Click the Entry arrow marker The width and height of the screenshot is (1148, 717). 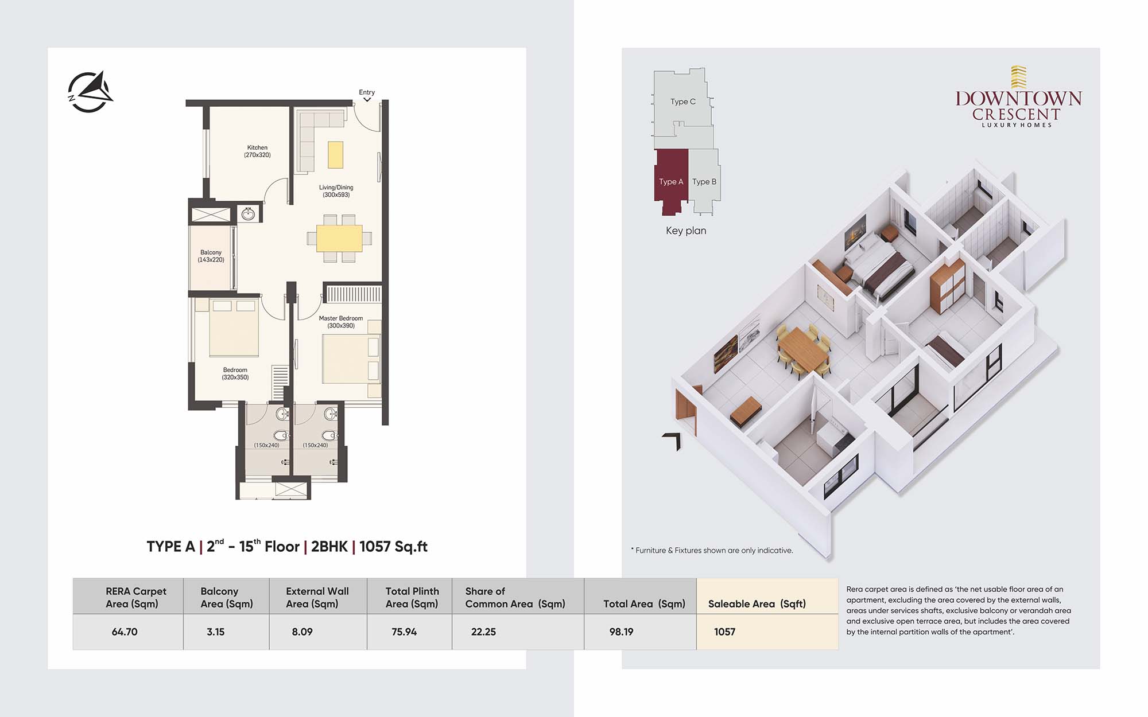367,100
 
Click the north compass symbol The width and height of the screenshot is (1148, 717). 90,92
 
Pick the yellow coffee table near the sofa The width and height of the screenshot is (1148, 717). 335,154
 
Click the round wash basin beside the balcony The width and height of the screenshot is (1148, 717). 248,214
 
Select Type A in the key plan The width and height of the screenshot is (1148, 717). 671,182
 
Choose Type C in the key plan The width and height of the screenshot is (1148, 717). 683,102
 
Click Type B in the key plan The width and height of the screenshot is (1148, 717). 704,182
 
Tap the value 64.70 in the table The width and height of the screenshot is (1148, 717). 125,632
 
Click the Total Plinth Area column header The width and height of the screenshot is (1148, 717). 412,597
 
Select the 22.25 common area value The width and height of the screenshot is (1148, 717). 483,632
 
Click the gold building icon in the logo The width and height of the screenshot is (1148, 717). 1018,77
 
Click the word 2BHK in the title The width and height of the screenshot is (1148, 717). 329,547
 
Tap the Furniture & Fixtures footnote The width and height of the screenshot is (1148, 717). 712,550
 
